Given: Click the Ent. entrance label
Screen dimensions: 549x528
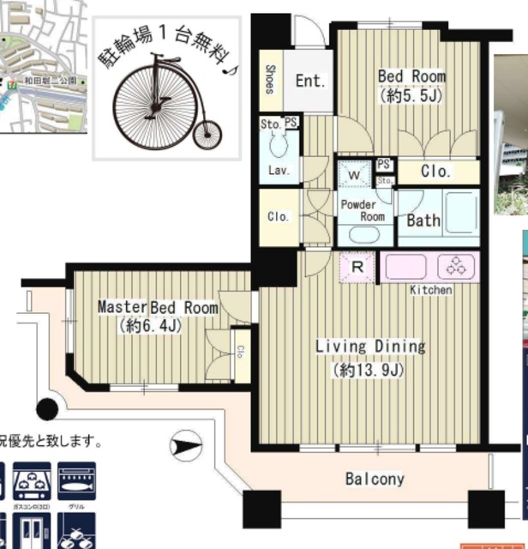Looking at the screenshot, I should point(310,81).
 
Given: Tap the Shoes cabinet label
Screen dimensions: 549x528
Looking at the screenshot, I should point(270,81).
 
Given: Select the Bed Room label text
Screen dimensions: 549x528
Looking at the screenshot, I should point(412,76).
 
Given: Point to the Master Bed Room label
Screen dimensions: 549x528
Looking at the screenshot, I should point(158,307).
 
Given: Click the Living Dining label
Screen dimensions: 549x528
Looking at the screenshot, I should point(370,347).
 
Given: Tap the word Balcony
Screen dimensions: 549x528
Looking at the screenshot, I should point(375,479).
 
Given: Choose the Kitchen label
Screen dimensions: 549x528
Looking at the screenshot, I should point(430,290).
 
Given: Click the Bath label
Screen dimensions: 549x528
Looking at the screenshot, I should point(423,220).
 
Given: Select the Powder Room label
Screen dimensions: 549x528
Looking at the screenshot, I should point(363,211).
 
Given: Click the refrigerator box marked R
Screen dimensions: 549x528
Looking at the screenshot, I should point(357,266).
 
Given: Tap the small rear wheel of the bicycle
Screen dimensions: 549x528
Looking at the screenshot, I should point(207,134).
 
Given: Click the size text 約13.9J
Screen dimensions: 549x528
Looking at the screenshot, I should point(370,371).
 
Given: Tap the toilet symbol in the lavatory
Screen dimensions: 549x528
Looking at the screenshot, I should point(278,145).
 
